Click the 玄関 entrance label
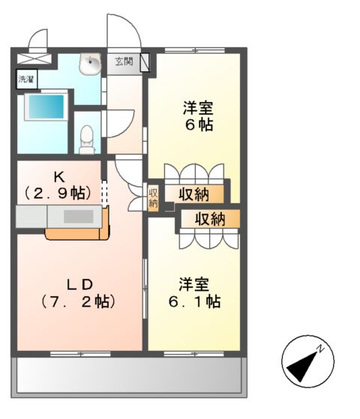click(124, 62)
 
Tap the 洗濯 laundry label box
click(26, 78)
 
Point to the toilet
click(87, 136)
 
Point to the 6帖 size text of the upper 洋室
click(199, 124)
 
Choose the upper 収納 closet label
click(193, 194)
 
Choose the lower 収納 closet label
click(210, 220)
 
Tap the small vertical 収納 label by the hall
click(153, 198)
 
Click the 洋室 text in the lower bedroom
click(193, 285)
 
